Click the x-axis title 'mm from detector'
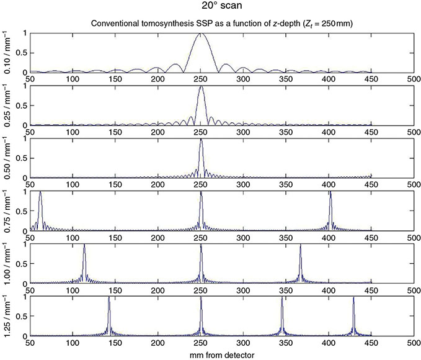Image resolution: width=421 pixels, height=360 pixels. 222,354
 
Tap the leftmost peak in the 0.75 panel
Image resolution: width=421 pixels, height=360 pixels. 40,192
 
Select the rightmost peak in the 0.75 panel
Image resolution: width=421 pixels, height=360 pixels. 330,192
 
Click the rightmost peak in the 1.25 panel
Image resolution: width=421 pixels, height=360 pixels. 353,298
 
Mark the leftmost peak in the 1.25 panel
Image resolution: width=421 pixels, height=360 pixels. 109,298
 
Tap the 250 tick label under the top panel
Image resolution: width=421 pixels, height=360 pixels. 200,79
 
